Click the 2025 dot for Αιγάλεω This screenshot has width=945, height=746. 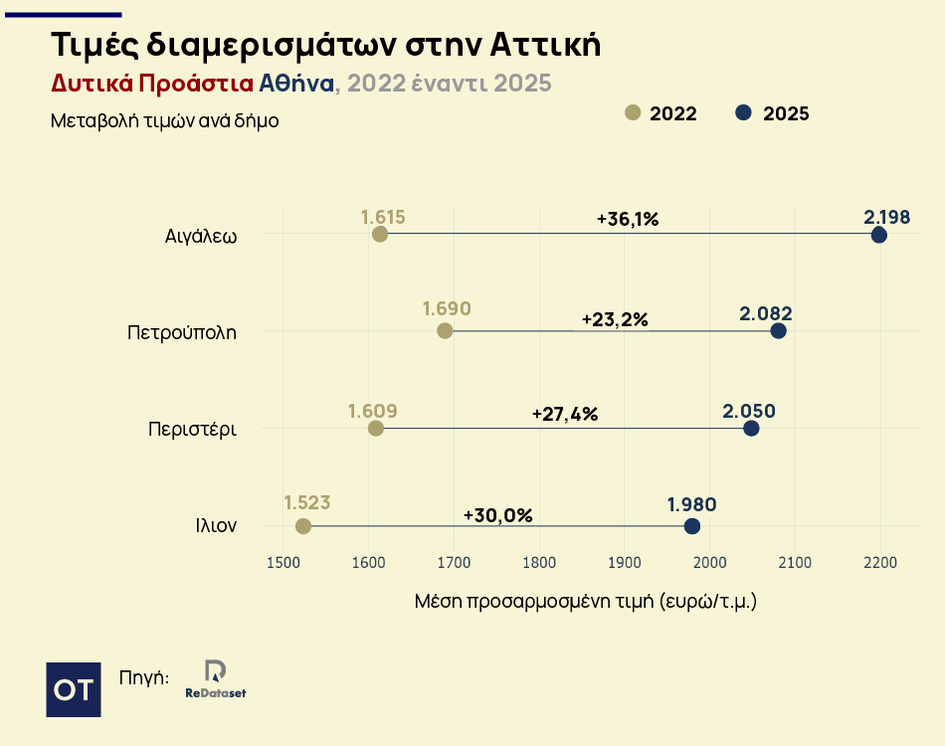pos(878,235)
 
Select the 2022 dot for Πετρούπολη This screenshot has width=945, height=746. pos(445,330)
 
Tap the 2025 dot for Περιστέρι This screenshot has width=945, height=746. pos(751,428)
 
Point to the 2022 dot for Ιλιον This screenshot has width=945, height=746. pos(303,525)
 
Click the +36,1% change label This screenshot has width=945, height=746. pos(628,219)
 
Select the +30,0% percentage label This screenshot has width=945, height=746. pos(498,515)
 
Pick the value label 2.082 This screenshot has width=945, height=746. pos(765,313)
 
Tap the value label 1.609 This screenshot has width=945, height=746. pos(373,411)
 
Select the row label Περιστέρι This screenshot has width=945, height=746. pos(192,430)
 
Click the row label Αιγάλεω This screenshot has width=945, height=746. pos(201,236)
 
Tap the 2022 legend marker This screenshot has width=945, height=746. pos(632,112)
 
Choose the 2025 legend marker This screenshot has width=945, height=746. pos(743,112)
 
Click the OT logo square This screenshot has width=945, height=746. pos(74,688)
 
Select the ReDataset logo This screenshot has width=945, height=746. pos(215,678)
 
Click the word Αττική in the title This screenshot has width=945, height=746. pos(545,45)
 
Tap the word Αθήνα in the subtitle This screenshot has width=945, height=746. pos(296,83)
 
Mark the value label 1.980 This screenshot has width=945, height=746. pos(691,505)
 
